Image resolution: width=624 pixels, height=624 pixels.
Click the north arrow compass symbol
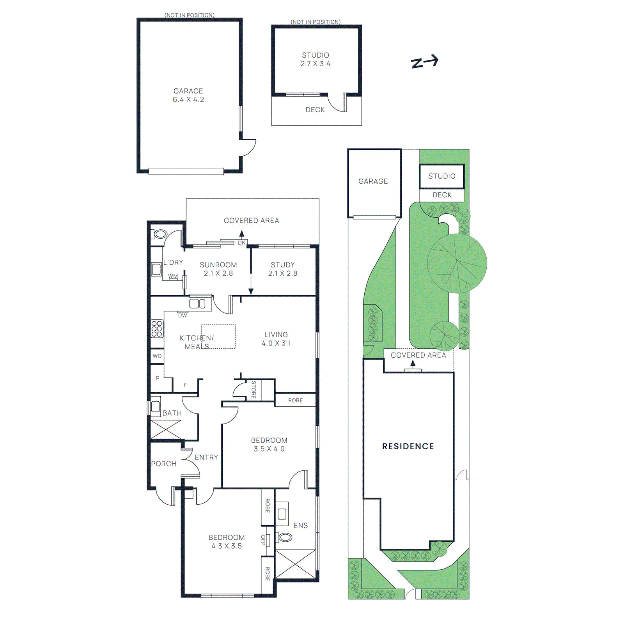pos(425,62)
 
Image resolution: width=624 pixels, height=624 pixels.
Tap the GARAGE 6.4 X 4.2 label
pos(188,95)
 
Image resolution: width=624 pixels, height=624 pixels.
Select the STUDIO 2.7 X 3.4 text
pos(316,59)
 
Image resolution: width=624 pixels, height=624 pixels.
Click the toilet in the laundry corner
pos(160,234)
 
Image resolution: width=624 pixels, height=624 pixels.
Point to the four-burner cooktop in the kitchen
pos(157,328)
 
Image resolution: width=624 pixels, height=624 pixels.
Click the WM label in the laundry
pos(173,276)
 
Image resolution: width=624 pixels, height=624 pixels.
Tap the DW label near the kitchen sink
pos(183,316)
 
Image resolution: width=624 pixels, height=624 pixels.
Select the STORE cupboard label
pos(253,390)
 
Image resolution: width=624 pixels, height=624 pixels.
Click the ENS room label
pos(301,525)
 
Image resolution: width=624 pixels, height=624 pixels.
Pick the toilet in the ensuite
pos(285,537)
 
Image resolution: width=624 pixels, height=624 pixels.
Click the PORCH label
pos(164,464)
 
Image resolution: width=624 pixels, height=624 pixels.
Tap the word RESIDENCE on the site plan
pos(408,446)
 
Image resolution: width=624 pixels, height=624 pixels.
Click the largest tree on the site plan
pos(457,263)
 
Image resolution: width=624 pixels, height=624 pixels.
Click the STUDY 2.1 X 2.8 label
pos(283,269)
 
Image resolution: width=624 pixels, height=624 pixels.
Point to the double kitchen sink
pos(197,303)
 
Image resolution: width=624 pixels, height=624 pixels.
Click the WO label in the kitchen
pos(157,356)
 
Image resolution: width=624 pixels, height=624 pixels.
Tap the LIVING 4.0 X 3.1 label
pos(276,339)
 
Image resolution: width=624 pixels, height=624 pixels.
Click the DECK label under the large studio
pos(315,110)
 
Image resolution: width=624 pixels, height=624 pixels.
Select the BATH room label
pos(172,413)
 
